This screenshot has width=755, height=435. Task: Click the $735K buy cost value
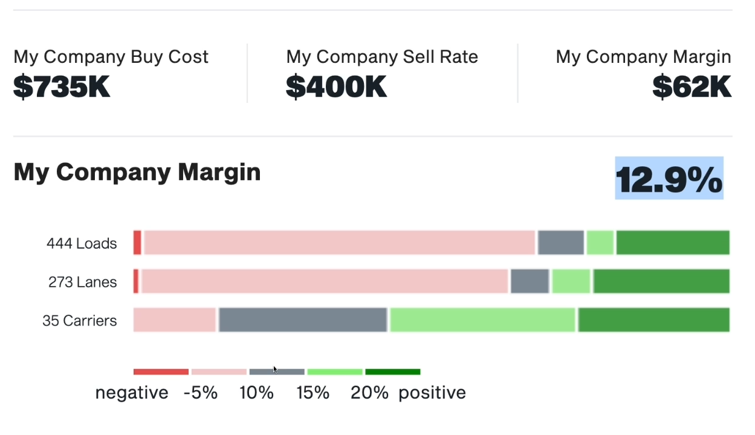click(x=62, y=87)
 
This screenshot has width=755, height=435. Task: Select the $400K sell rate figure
click(x=336, y=87)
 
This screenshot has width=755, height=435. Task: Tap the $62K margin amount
click(x=692, y=87)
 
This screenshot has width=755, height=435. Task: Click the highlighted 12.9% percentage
click(x=669, y=178)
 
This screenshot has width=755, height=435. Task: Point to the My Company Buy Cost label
click(x=111, y=57)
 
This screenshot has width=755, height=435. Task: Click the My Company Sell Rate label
click(x=382, y=57)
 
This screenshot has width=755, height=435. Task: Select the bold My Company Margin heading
click(x=137, y=172)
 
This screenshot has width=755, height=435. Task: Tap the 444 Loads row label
click(x=82, y=244)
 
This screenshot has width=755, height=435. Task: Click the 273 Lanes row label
click(x=83, y=282)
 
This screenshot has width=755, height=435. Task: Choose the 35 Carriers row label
click(x=80, y=321)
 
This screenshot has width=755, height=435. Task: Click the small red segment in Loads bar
click(x=137, y=243)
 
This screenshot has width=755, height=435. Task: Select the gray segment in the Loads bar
click(x=561, y=243)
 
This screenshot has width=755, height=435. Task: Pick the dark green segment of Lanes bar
click(x=661, y=281)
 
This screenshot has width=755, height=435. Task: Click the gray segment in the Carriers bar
click(x=302, y=319)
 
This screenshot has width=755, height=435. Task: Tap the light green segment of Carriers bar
click(x=482, y=319)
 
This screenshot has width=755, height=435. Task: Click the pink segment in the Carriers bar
click(x=175, y=319)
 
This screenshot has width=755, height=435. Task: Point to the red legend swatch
click(x=161, y=371)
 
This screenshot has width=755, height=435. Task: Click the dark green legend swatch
click(x=392, y=371)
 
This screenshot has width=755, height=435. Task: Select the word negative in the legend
click(x=132, y=393)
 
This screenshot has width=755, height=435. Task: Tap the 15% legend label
click(x=313, y=393)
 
